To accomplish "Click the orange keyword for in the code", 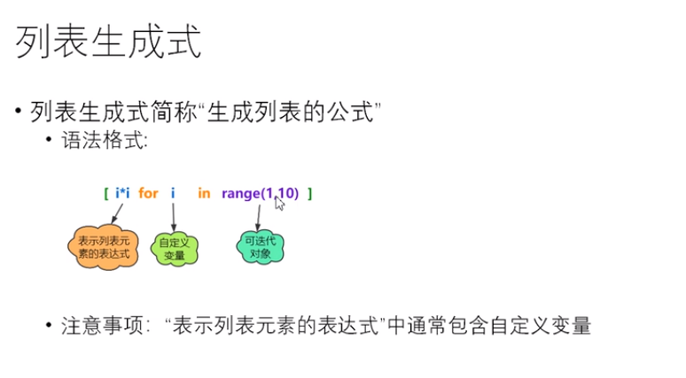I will [x=148, y=193].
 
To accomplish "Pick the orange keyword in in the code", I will [x=204, y=193].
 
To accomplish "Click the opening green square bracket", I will [x=105, y=193].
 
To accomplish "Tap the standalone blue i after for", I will [x=173, y=193].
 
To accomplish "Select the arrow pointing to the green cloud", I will [x=173, y=216].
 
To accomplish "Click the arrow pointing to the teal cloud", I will [x=259, y=215].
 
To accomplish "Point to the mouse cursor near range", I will [x=280, y=204].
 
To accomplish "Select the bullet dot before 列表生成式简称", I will [x=19, y=112].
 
